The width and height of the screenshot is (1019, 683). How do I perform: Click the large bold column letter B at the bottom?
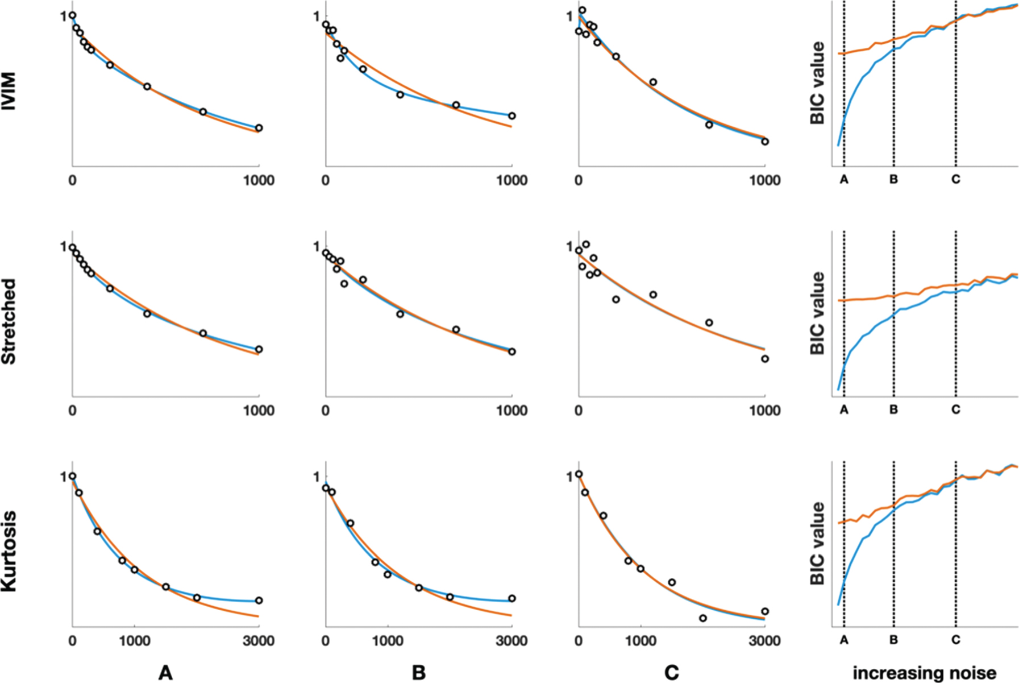[x=418, y=673]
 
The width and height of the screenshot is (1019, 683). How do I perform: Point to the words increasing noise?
[x=924, y=673]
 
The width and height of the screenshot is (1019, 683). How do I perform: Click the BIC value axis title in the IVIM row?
[x=817, y=83]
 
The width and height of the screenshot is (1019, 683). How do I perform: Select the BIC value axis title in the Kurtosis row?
[x=817, y=543]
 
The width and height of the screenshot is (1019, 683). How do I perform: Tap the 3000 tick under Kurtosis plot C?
[x=764, y=641]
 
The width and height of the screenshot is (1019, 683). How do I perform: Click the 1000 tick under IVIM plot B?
[x=511, y=180]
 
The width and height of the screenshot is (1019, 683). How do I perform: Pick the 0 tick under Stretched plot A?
[x=72, y=411]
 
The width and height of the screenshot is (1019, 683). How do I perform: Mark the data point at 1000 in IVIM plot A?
[x=259, y=128]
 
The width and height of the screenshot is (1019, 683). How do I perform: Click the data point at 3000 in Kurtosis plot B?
[x=511, y=598]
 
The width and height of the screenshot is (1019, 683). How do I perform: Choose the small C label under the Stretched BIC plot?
[x=955, y=409]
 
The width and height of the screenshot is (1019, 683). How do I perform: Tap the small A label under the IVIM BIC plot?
[x=843, y=180]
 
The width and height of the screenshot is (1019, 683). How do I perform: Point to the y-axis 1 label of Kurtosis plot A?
[x=63, y=477]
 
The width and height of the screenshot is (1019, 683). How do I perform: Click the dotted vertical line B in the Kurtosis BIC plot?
[x=894, y=546]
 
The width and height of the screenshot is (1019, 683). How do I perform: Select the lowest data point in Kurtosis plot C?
[x=702, y=618]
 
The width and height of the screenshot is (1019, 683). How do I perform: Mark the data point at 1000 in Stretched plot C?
[x=765, y=359]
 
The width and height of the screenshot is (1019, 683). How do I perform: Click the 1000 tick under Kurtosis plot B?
[x=388, y=641]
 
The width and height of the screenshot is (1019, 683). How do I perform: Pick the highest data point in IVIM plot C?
[x=582, y=10]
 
